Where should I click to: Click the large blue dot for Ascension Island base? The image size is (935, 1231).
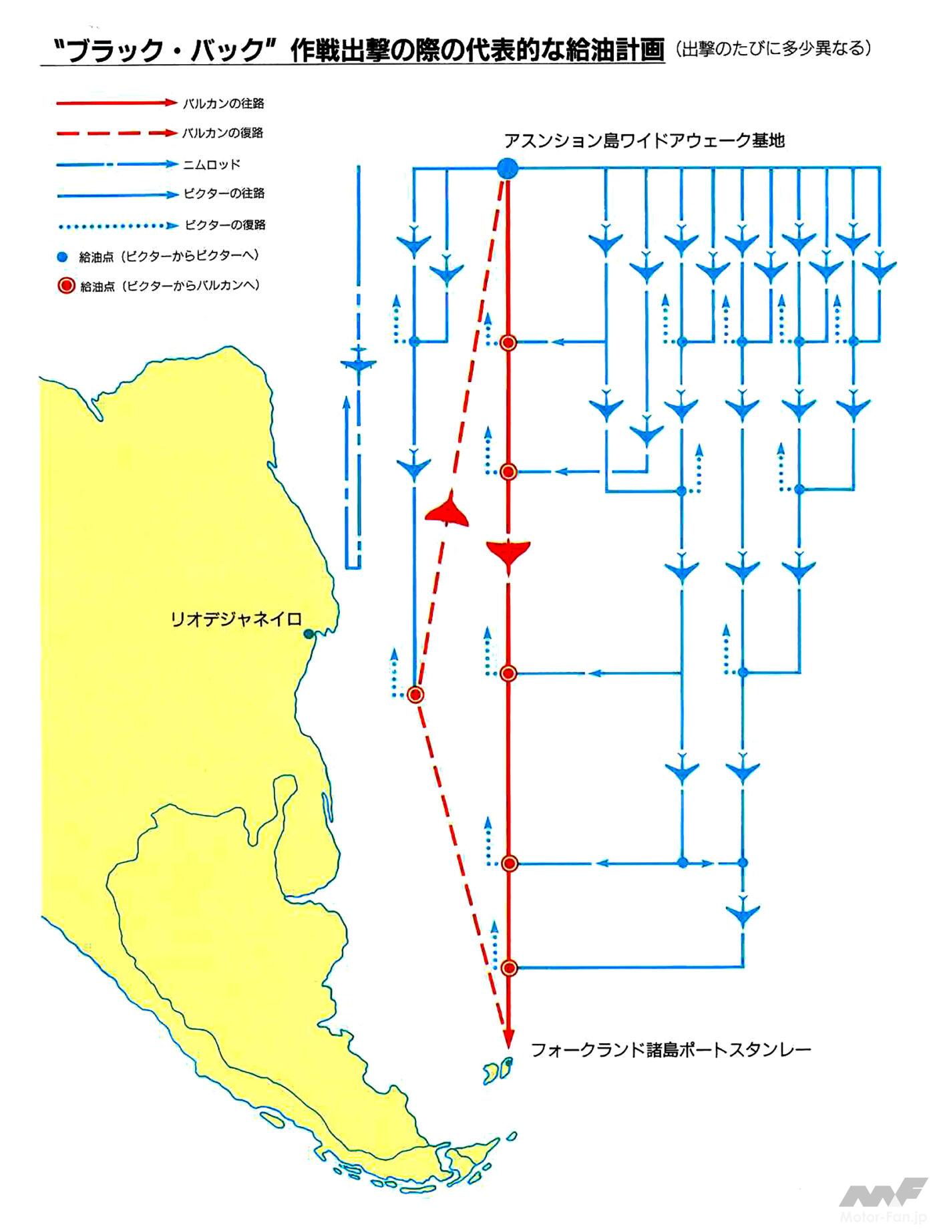click(x=508, y=168)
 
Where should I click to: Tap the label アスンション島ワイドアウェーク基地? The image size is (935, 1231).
click(x=644, y=140)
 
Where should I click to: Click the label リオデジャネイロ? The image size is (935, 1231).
click(x=236, y=619)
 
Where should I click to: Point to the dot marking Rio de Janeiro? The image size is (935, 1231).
click(x=309, y=633)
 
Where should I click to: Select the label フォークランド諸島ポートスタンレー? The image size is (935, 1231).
click(x=671, y=1049)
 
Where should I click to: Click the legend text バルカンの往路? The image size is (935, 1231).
click(x=224, y=104)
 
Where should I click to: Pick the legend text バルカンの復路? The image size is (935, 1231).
click(x=223, y=133)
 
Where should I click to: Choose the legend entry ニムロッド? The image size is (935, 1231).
click(x=212, y=164)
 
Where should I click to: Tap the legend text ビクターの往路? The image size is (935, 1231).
click(x=224, y=194)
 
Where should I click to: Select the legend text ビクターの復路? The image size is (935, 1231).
click(x=225, y=225)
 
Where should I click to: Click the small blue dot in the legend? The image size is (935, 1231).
click(x=63, y=256)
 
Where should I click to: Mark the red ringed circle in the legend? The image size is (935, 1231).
click(x=65, y=287)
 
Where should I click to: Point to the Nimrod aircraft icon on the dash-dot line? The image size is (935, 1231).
click(x=359, y=361)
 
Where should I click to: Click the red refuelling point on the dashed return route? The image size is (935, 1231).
click(x=415, y=695)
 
